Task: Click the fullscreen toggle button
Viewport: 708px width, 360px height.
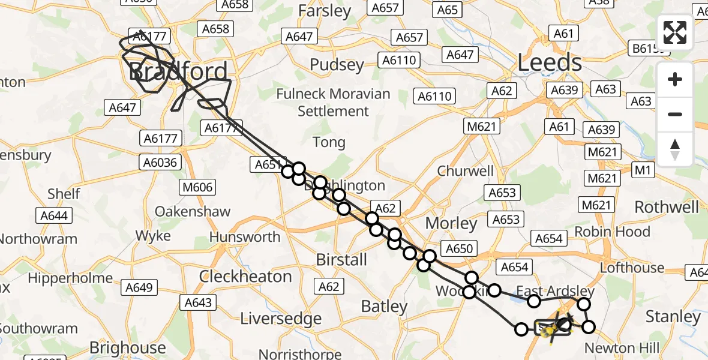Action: (x=675, y=32)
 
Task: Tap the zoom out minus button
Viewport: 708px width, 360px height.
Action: (x=675, y=114)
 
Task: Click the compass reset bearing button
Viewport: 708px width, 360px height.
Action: (x=675, y=149)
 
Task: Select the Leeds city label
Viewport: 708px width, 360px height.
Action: (x=550, y=63)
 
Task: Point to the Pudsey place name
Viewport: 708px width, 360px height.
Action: (x=337, y=65)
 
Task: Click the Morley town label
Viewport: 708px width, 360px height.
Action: (x=451, y=224)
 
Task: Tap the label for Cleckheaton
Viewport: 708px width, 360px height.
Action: (x=245, y=277)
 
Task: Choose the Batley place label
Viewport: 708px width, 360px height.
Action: (x=384, y=307)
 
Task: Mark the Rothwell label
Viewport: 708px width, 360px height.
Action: (x=667, y=208)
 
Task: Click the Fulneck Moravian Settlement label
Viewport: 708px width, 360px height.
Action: (x=333, y=103)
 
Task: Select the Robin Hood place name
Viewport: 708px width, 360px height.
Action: (x=612, y=232)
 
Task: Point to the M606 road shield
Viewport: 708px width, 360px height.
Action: (x=198, y=188)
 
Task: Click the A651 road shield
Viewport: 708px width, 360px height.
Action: (x=268, y=164)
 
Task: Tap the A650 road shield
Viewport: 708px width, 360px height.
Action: (x=460, y=248)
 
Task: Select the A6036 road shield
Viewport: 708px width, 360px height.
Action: (x=159, y=162)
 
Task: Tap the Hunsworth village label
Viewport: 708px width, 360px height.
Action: (x=245, y=236)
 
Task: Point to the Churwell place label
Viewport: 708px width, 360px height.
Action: (x=466, y=171)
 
